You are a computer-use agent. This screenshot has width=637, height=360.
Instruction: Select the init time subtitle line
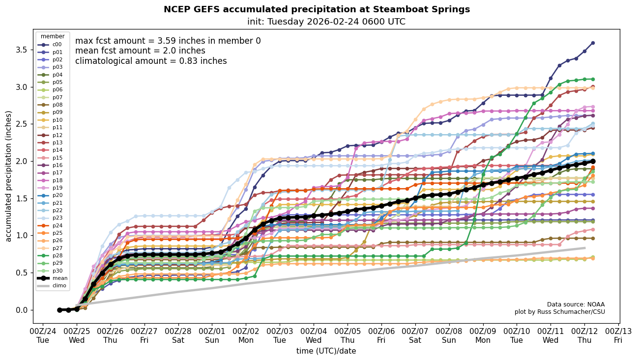pyautogui.click(x=326, y=22)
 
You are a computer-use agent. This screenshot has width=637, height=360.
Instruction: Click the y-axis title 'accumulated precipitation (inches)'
pyautogui.click(x=9, y=176)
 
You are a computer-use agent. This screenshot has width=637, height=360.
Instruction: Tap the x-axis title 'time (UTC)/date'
pyautogui.click(x=326, y=351)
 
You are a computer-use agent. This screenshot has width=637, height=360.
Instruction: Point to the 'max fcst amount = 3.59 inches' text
pyautogui.click(x=168, y=41)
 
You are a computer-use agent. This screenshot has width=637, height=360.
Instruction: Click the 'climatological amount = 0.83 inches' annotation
pyautogui.click(x=151, y=61)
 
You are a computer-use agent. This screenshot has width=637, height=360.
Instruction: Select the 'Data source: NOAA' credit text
pyautogui.click(x=576, y=305)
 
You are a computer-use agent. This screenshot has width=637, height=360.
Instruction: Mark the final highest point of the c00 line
pyautogui.click(x=593, y=43)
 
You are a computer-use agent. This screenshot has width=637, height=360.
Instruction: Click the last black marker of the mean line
pyautogui.click(x=593, y=161)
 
